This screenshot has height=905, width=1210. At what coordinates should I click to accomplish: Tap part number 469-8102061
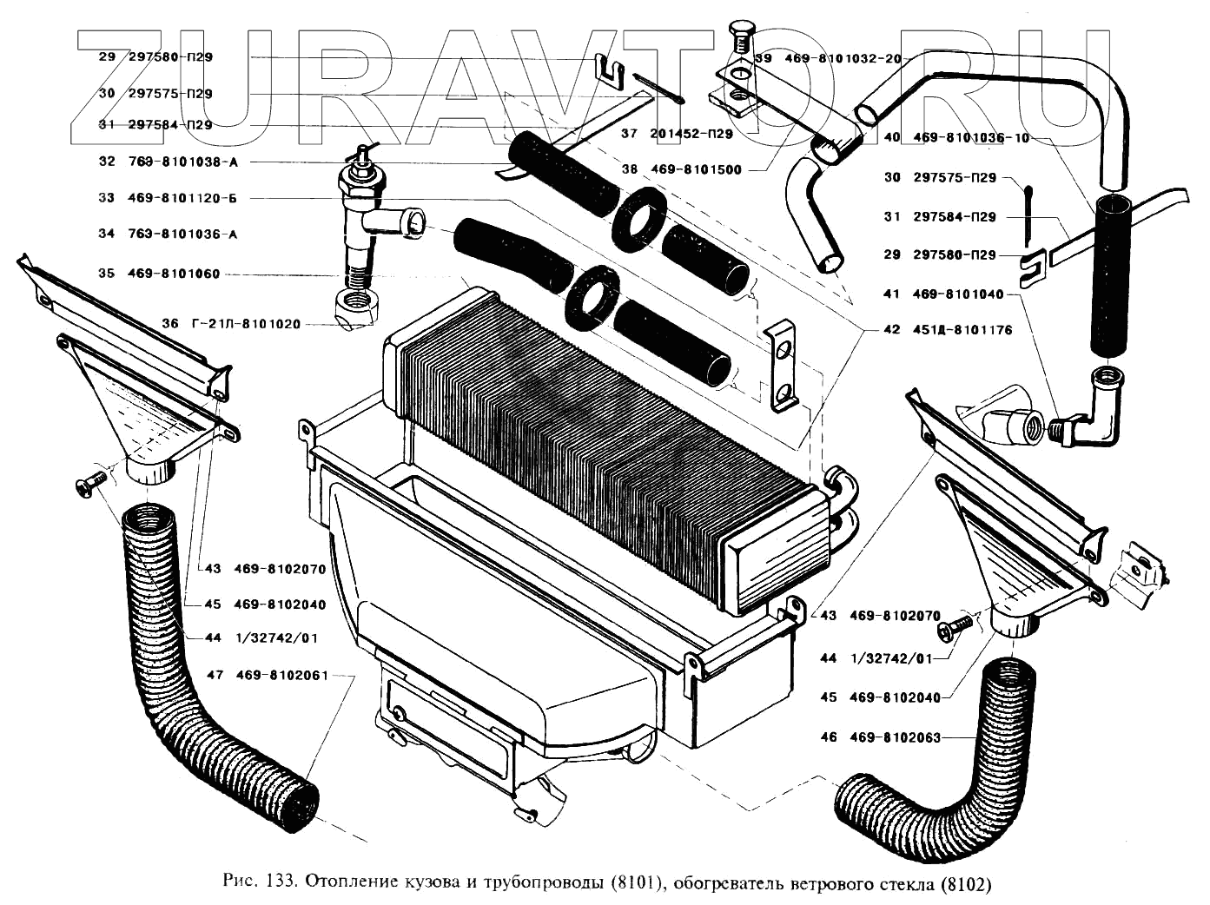pos(281,675)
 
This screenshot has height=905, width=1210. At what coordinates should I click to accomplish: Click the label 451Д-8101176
pos(962,330)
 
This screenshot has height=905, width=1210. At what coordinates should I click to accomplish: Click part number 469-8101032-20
pos(843,58)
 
